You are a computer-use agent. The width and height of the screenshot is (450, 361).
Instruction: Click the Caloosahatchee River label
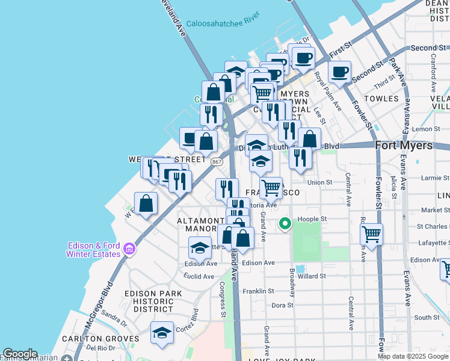222,24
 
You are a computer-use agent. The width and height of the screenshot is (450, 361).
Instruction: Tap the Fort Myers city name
404,146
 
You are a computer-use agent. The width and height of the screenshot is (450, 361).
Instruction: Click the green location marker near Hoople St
286,224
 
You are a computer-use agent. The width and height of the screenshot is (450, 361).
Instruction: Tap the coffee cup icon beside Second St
340,72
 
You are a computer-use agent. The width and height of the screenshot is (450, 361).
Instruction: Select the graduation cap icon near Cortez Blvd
162,333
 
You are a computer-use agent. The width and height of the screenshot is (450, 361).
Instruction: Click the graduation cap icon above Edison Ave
200,246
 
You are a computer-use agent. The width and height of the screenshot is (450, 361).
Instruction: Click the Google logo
20,354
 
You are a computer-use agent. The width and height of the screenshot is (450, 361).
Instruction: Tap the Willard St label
312,276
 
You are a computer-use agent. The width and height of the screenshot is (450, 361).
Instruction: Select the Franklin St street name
258,291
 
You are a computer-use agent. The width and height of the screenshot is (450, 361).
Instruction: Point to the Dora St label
282,305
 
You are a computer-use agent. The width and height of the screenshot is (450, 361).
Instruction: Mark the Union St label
319,182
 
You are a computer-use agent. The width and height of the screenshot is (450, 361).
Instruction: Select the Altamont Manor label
196,225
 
